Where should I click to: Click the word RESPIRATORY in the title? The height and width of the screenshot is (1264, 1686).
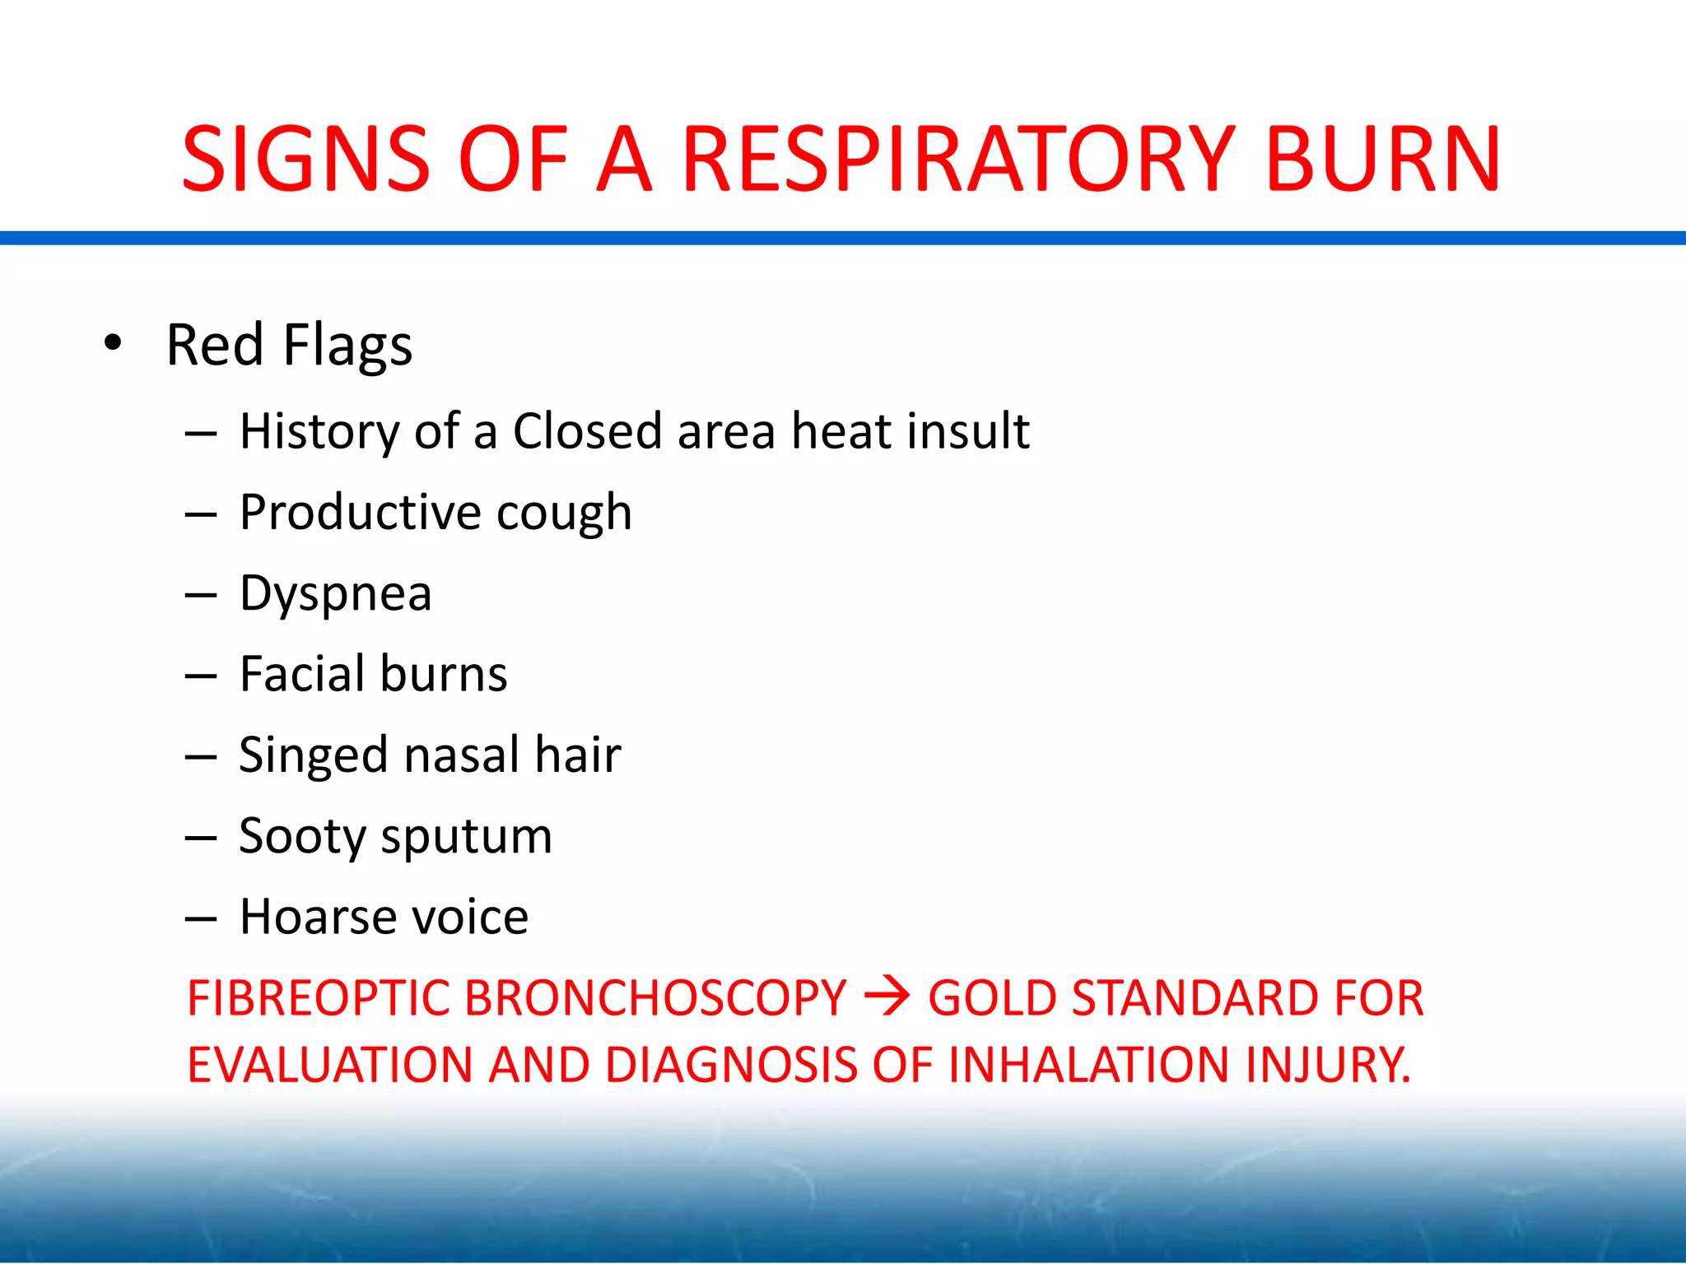point(958,159)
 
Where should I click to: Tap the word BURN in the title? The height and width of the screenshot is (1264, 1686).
point(1383,159)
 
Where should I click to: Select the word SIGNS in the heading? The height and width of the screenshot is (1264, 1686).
point(305,159)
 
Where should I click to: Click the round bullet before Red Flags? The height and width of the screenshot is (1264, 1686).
point(113,343)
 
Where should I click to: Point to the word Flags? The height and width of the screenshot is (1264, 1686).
point(347,346)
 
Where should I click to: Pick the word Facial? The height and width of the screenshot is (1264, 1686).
point(302,674)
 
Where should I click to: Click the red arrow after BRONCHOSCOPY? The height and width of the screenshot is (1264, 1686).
point(887,997)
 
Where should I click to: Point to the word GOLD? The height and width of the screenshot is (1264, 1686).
point(992,998)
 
